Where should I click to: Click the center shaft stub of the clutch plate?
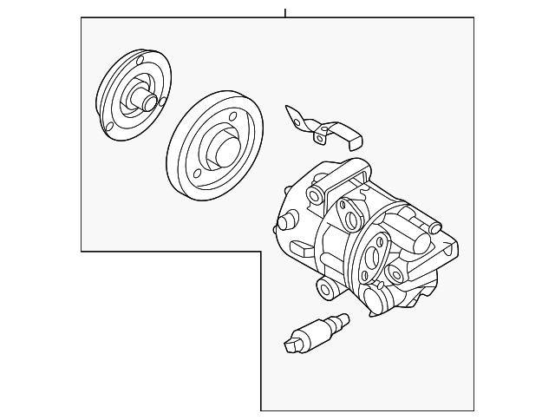click(x=149, y=103)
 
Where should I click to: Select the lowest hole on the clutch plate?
click(x=110, y=132)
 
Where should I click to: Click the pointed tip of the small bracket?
click(x=288, y=108)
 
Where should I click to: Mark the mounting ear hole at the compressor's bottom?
click(x=326, y=288)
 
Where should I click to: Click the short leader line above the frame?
click(x=284, y=11)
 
